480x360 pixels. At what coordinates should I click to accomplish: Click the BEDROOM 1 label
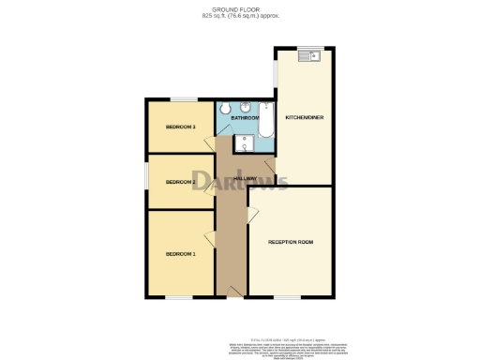[x=181, y=254]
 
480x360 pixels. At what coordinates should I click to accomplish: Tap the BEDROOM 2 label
[x=181, y=182]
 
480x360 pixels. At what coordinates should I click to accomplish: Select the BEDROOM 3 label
[x=181, y=127]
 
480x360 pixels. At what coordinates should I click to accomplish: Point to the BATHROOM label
[x=245, y=118]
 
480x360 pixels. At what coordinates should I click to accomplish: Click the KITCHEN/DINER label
[x=305, y=118]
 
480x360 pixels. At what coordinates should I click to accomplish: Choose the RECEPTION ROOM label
[x=291, y=242]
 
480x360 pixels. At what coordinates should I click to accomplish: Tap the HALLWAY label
[x=245, y=178]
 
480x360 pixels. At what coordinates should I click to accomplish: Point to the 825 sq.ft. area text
[x=240, y=16]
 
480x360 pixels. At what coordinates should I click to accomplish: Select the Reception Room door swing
[x=252, y=216]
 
